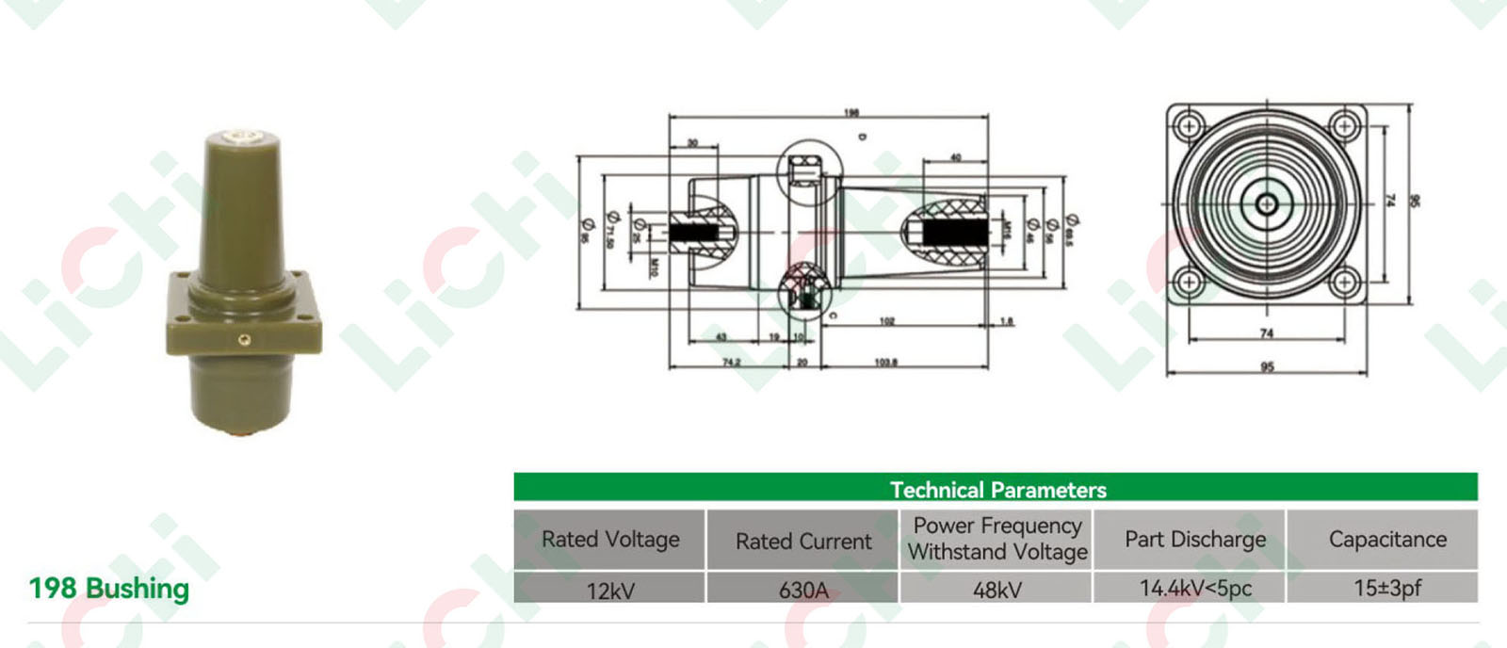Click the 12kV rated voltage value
(x=610, y=591)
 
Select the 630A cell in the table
(x=803, y=591)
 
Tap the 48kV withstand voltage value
(x=997, y=591)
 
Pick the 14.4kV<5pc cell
(x=1195, y=589)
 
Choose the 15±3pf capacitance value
(x=1387, y=589)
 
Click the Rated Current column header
(x=803, y=541)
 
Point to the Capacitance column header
(x=1387, y=539)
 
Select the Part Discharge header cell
(x=1195, y=539)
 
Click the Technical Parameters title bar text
(x=997, y=490)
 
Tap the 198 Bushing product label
(x=109, y=589)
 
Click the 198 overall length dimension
(x=851, y=113)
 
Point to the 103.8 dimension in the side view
(x=885, y=363)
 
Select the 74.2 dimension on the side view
(x=731, y=363)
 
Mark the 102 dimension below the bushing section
(x=886, y=322)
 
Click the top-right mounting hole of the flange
(x=1346, y=125)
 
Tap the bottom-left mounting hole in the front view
(x=1189, y=282)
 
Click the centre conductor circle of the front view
(x=1267, y=203)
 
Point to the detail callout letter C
(x=833, y=316)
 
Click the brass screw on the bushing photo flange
(x=244, y=339)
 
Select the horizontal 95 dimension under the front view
(x=1267, y=366)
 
